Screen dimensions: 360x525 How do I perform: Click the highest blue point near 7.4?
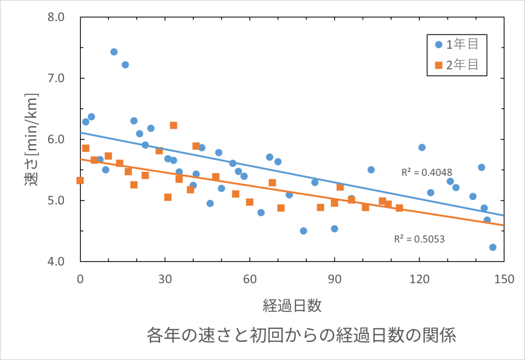tap(114, 52)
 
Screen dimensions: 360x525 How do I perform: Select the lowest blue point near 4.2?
tap(493, 247)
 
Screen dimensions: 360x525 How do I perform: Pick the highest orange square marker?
tap(173, 125)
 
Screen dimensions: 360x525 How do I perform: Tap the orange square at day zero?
tap(80, 181)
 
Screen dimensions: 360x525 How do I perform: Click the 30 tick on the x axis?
tap(165, 279)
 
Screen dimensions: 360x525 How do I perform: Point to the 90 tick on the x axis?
tap(334, 279)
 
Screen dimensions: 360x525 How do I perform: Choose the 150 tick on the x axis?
tap(504, 279)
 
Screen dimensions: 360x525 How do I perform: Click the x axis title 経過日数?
tap(292, 306)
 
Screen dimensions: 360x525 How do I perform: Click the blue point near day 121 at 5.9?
tap(422, 147)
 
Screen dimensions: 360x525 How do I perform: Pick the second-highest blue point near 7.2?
tap(125, 65)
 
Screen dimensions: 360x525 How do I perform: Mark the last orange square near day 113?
tap(399, 208)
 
